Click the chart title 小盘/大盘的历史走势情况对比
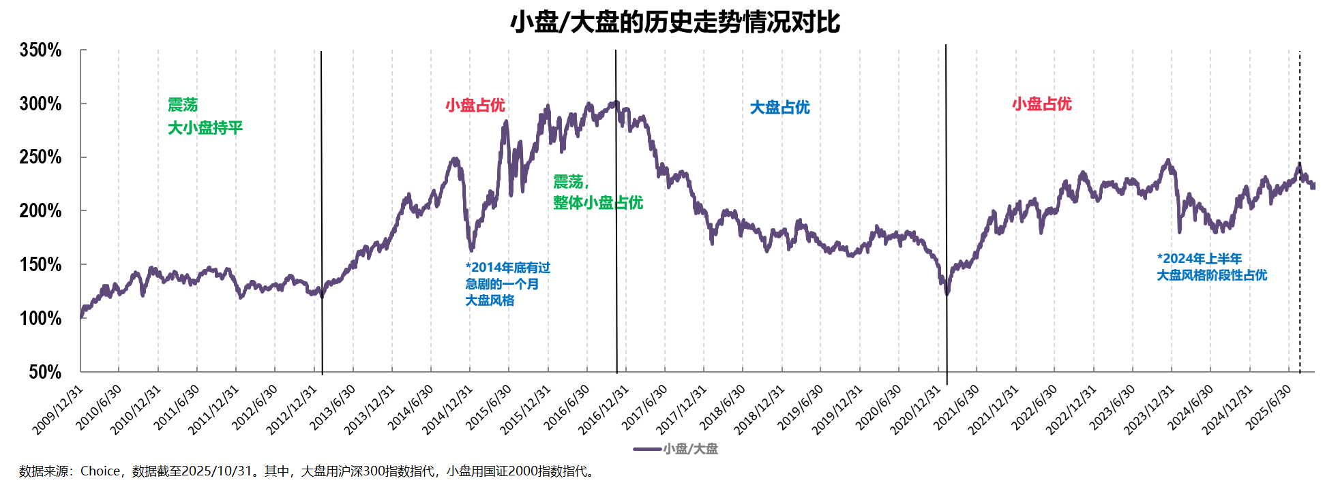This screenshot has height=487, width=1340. (x=674, y=22)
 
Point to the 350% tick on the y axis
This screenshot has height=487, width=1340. (x=40, y=50)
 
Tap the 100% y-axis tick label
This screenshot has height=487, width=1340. (x=40, y=318)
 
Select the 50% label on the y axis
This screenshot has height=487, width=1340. (x=45, y=372)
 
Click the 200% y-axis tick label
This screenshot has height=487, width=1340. (x=40, y=211)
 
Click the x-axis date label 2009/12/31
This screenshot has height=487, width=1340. (x=59, y=409)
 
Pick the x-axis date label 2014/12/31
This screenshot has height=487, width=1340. (x=448, y=409)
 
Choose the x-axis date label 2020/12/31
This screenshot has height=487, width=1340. (x=916, y=409)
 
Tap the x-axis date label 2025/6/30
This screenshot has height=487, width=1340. (x=1270, y=407)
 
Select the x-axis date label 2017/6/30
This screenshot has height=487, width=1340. (x=645, y=407)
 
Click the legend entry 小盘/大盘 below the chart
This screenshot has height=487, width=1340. (x=690, y=449)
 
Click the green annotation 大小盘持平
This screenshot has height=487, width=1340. (x=205, y=128)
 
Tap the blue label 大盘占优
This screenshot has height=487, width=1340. (x=779, y=108)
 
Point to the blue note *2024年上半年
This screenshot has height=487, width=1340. (x=1199, y=259)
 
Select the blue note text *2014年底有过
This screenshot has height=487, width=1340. (x=507, y=268)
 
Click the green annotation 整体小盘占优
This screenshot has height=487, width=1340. (x=598, y=203)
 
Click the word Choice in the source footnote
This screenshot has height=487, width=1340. (x=100, y=471)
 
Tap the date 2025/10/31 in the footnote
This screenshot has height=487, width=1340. (x=217, y=471)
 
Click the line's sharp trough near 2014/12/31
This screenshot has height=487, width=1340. (x=471, y=249)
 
